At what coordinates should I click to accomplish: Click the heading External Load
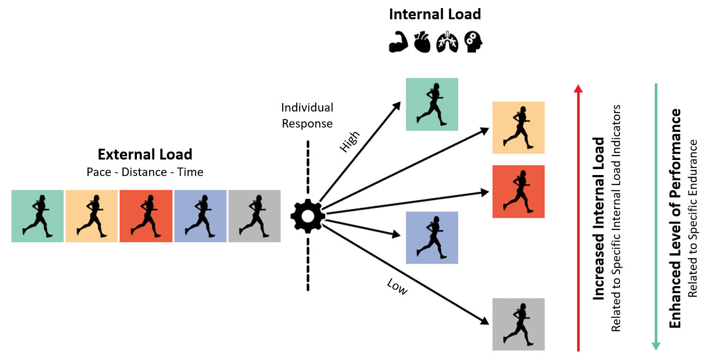145,154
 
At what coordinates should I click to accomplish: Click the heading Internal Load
435,14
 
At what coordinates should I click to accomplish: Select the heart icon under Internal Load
422,42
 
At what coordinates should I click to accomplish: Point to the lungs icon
447,42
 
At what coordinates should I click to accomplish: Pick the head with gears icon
473,42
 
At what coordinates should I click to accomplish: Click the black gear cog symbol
307,216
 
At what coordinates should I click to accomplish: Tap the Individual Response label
307,115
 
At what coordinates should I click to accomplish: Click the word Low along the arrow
397,286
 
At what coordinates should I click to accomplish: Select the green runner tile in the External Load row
38,216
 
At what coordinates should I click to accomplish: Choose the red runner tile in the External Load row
146,216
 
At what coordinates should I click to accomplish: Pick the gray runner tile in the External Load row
254,216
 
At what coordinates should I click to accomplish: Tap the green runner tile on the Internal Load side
432,104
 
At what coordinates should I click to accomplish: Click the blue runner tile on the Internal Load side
432,238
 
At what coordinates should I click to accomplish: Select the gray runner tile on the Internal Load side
518,324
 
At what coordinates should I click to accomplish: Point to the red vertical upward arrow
579,216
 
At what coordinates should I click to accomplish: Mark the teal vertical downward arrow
656,216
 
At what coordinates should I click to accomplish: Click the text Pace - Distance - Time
145,172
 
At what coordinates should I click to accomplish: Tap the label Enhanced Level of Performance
675,218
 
